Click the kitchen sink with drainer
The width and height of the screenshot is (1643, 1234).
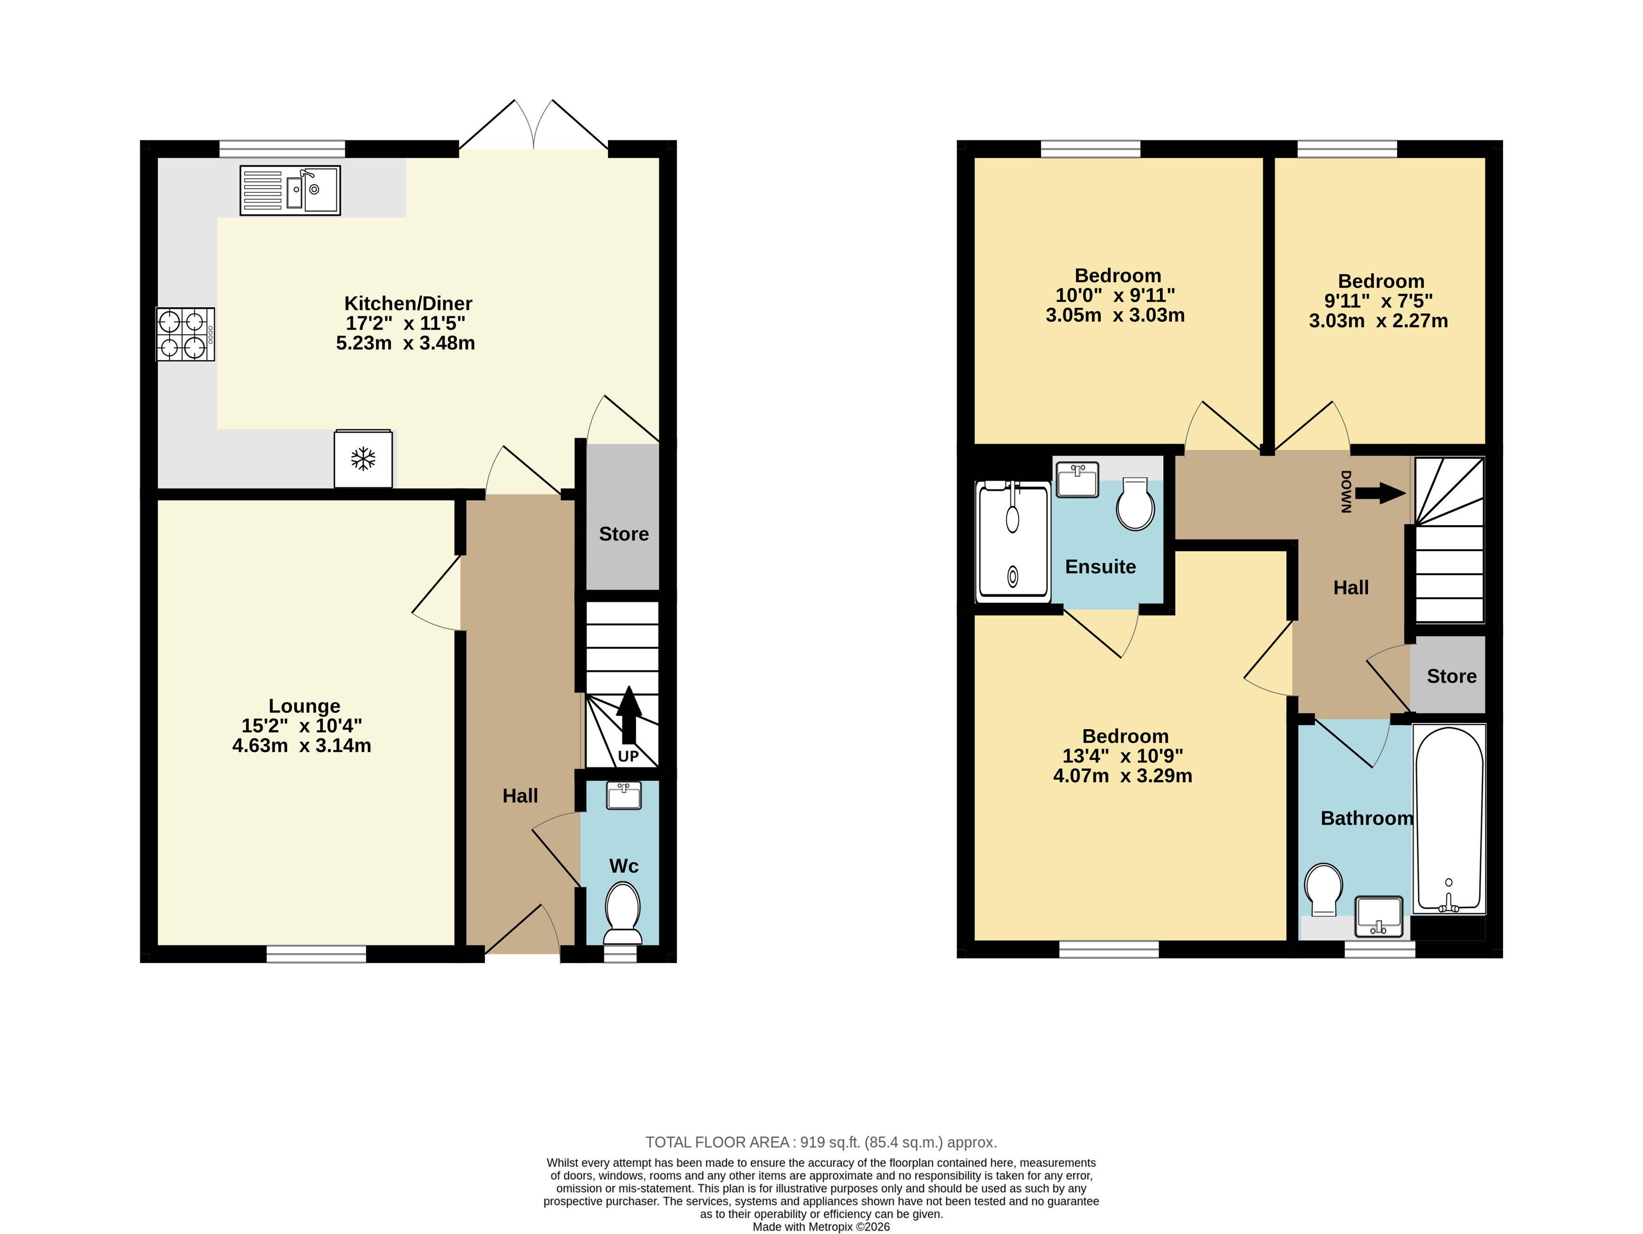pos(290,190)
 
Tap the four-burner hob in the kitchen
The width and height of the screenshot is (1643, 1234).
pos(185,334)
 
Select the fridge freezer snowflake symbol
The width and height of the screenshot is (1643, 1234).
pos(363,459)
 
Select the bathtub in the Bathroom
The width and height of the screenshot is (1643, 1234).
pos(1449,819)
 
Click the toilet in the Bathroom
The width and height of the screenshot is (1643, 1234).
pos(1323,889)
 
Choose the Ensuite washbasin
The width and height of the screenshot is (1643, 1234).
pos(1078,480)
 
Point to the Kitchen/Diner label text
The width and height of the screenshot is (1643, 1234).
pos(408,303)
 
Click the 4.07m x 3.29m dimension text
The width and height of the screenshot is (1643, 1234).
pos(1123,776)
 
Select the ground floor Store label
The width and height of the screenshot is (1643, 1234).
pos(624,534)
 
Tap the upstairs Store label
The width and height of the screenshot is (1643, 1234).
pos(1451,676)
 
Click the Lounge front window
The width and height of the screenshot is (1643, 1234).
pos(316,954)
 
